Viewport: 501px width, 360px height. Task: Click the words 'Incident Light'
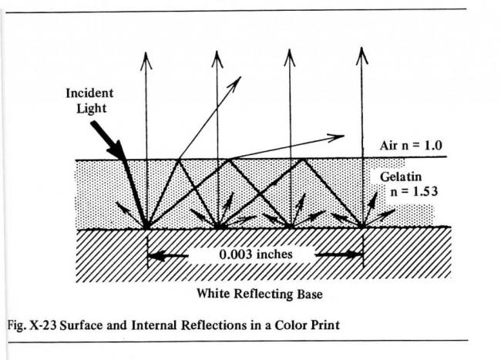click(89, 99)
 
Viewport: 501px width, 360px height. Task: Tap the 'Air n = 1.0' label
click(411, 144)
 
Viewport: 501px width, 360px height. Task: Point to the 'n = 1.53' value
click(416, 190)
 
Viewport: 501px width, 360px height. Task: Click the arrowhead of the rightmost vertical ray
click(362, 55)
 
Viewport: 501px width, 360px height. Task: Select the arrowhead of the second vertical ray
click(218, 59)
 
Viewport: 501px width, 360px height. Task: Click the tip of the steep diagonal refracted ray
click(238, 79)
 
